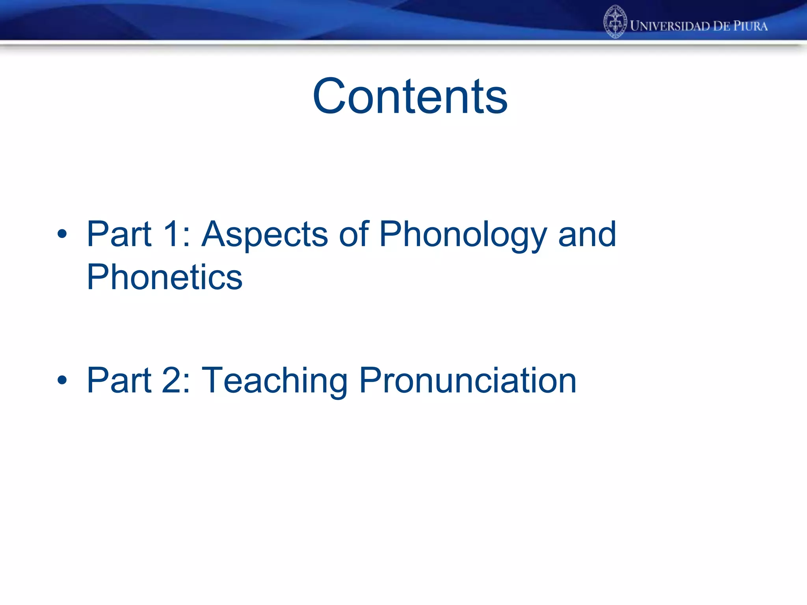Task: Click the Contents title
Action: (410, 97)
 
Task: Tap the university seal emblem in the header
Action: (615, 22)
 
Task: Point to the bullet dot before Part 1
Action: (62, 234)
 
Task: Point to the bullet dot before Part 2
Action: (62, 380)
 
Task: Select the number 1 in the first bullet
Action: (170, 234)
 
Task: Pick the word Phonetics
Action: (164, 277)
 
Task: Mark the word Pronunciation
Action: (468, 380)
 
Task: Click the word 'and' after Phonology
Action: (587, 234)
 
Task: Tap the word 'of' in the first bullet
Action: (353, 234)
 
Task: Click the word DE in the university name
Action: (721, 26)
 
